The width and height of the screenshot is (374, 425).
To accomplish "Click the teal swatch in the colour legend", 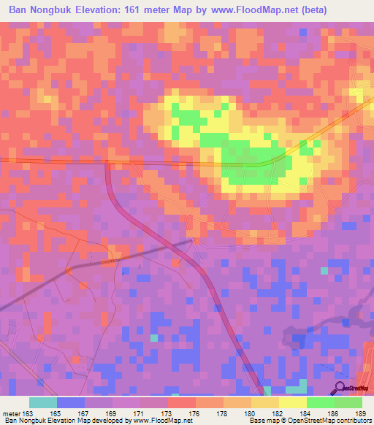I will pos(43,402).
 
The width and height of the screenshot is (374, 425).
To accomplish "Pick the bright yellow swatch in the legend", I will pos(292,402).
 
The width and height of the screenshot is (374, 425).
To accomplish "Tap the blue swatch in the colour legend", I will pos(71,402).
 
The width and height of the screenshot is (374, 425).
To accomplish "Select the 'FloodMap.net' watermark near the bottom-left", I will pos(167,389).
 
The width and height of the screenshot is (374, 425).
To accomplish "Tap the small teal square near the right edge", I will pos(324,271).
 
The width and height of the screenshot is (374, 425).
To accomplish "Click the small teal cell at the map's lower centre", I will pos(153,338).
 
